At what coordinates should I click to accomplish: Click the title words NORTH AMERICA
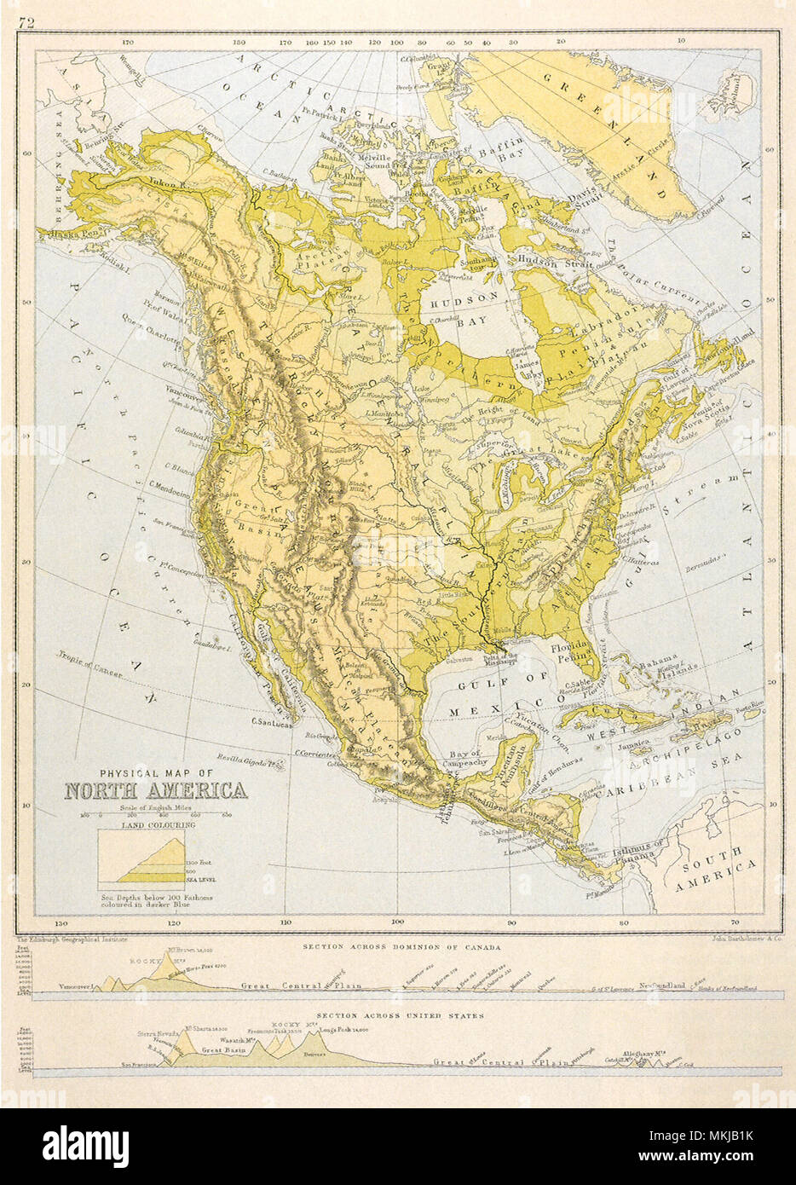[157, 790]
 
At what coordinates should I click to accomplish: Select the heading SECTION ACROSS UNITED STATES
[400, 1015]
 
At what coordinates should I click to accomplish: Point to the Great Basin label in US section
[223, 1051]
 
